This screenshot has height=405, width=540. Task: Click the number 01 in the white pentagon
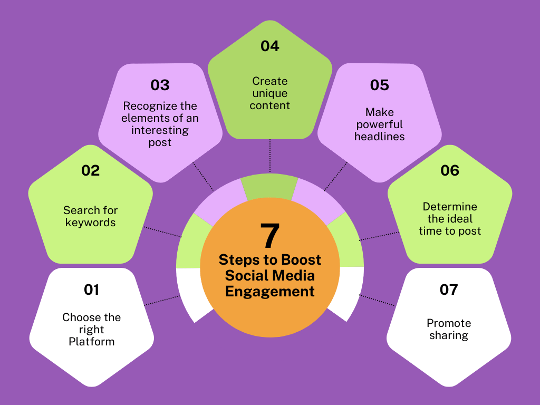click(92, 290)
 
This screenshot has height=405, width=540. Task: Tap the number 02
click(91, 170)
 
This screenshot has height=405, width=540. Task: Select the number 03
click(160, 85)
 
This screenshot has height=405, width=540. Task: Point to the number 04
click(269, 46)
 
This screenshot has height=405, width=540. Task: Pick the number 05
click(380, 85)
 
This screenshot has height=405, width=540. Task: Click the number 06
click(450, 170)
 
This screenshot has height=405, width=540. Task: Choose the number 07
click(449, 290)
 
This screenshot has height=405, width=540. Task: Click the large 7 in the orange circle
click(270, 236)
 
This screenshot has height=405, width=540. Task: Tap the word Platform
click(92, 342)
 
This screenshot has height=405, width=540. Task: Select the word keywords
click(91, 223)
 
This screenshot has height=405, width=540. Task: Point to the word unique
click(270, 94)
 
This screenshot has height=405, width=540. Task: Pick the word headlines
click(380, 137)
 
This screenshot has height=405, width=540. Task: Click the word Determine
click(450, 207)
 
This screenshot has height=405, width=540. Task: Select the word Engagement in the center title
click(270, 292)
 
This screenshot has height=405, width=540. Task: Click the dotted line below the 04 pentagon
click(270, 156)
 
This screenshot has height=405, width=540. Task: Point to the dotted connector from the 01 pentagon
click(162, 300)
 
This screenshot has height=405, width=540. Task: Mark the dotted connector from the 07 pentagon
click(377, 300)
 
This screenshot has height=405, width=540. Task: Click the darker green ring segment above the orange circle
click(269, 186)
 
